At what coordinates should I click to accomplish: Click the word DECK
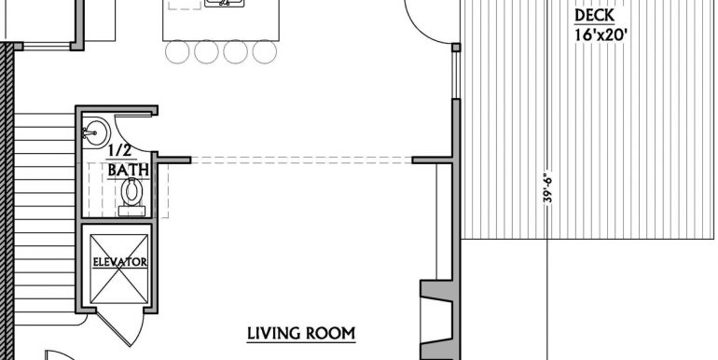coord(593,16)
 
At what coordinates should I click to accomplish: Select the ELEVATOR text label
coord(118,262)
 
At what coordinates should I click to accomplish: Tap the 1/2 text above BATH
coord(118,151)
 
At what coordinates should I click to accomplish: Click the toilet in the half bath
coord(131,193)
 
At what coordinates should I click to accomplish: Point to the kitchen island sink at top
coord(224,5)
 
